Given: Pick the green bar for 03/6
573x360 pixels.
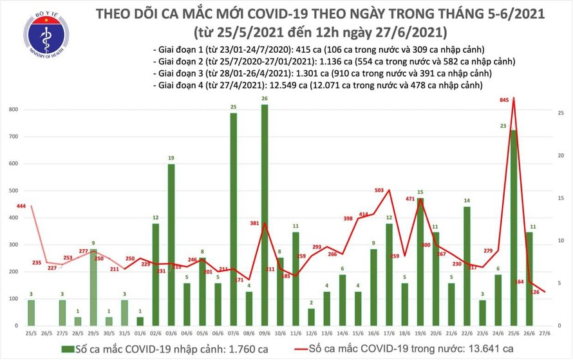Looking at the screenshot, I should [x=171, y=245].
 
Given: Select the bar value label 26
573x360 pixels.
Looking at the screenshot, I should [x=265, y=98].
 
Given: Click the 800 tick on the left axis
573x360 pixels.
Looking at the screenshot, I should [x=13, y=110].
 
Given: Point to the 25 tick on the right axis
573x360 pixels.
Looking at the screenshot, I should [x=561, y=113].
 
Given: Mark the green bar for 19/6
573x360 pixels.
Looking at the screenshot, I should [x=420, y=263].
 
